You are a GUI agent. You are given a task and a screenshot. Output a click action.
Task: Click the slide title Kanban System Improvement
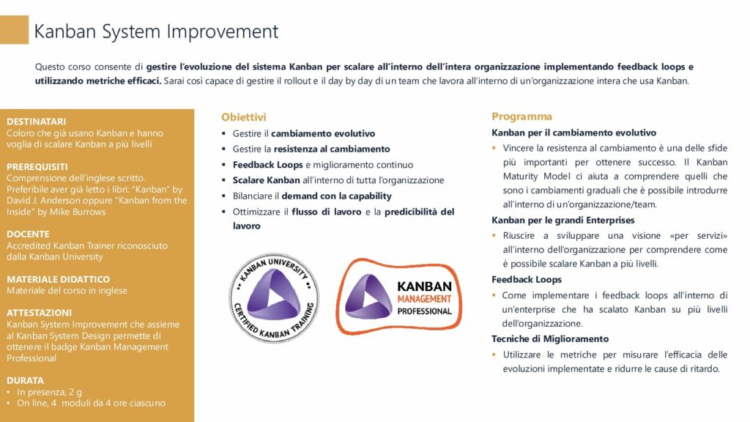[x=156, y=32]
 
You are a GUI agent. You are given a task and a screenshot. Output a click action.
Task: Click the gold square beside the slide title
[x=14, y=29]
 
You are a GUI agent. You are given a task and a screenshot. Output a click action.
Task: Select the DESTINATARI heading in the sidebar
[x=37, y=122]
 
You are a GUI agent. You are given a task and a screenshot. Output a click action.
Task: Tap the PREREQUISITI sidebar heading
[x=37, y=167]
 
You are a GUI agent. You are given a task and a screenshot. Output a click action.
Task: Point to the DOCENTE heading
[x=28, y=234]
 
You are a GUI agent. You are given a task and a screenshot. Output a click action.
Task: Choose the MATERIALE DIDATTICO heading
[x=58, y=279]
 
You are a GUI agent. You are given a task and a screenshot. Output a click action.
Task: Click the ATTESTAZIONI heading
[x=40, y=312]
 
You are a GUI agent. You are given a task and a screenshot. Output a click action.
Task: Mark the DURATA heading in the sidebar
[x=25, y=380]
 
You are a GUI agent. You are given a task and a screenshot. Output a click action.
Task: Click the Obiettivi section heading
[x=243, y=117]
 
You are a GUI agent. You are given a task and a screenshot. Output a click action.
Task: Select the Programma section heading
[x=521, y=116]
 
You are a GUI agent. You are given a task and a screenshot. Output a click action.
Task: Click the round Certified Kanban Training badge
[x=274, y=297]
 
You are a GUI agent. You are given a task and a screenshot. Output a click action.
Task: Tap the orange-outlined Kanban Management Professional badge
[x=399, y=296]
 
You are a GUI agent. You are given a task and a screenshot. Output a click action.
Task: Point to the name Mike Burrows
[x=78, y=212]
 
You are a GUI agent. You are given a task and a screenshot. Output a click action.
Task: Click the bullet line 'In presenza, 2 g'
[x=49, y=392]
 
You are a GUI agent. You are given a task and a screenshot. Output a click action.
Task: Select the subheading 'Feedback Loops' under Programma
[x=527, y=279]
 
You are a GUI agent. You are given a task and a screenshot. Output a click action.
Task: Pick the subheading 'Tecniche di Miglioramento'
[x=550, y=338]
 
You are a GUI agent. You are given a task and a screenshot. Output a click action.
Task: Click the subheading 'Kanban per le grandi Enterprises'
[x=563, y=220]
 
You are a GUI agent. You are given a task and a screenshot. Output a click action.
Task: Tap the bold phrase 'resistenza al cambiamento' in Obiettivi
[x=332, y=149]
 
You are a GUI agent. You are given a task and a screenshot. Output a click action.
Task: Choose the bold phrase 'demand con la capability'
[x=336, y=196]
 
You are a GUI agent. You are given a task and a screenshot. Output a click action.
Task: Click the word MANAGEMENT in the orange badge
[x=424, y=299]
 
